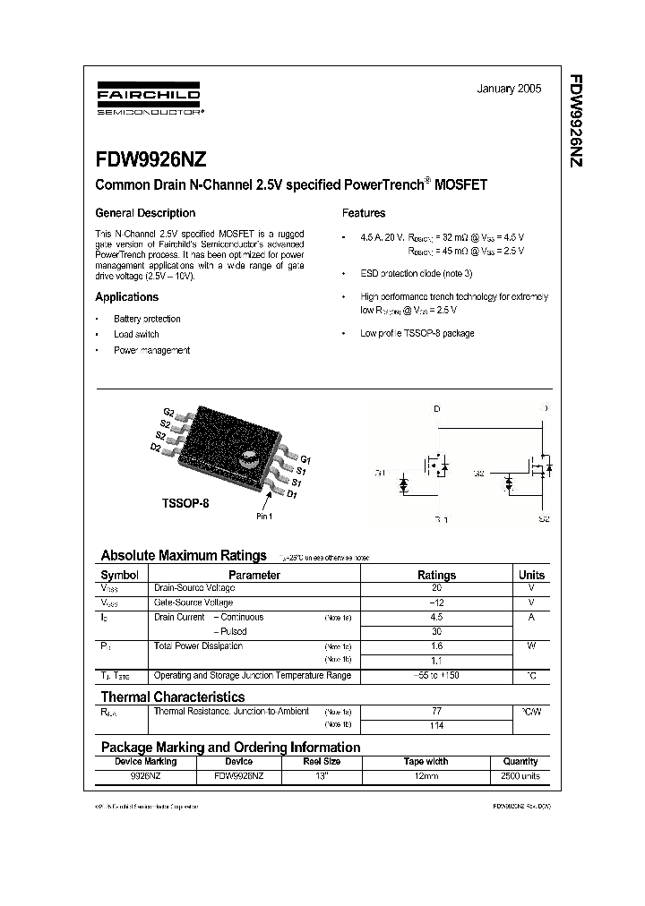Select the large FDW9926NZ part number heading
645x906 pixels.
point(151,160)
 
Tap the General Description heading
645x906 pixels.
point(145,213)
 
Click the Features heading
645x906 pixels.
point(364,213)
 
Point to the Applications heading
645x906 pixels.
point(127,297)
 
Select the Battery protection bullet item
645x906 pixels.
point(147,319)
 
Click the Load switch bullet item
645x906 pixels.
point(136,335)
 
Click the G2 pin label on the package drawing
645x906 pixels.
point(169,412)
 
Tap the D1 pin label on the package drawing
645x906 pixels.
point(292,494)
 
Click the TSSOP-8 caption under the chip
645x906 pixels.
point(185,504)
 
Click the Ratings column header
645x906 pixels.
point(437,575)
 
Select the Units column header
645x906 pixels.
point(531,575)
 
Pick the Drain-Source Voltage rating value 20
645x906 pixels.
point(437,588)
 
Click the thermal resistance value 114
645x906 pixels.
point(437,725)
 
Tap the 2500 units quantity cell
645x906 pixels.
point(520,776)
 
